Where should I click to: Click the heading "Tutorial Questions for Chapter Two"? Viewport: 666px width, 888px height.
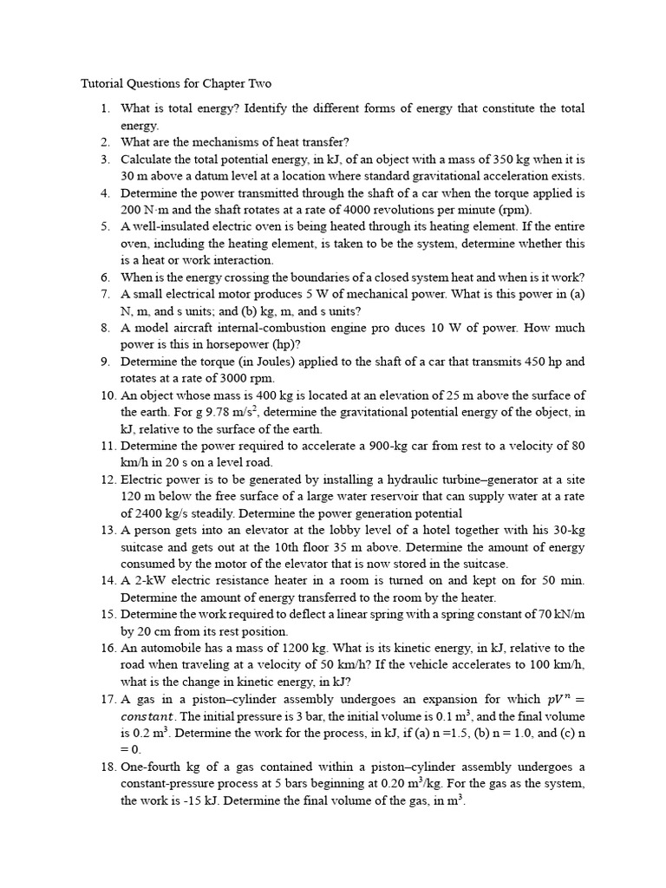[x=176, y=84]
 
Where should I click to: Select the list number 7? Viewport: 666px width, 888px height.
[x=105, y=294]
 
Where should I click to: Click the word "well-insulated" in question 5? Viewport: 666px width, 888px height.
[x=168, y=226]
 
